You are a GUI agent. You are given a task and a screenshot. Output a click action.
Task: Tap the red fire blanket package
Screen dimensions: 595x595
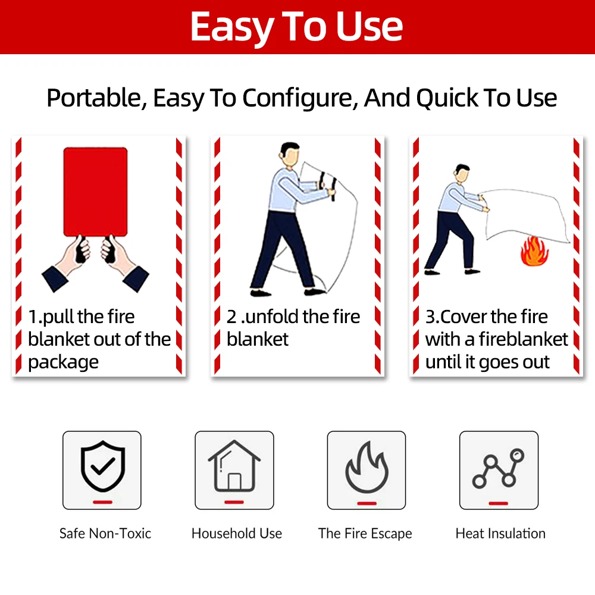tap(95, 192)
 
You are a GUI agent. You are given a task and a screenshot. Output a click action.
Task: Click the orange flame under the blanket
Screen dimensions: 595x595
tap(534, 252)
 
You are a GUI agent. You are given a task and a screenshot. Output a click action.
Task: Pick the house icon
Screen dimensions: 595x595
tap(234, 467)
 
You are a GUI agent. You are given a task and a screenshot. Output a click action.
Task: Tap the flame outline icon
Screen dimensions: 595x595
tap(367, 467)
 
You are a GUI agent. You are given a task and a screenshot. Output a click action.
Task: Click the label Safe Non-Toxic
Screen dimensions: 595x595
tap(105, 534)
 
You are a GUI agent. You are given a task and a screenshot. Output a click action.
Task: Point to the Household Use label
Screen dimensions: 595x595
tap(237, 534)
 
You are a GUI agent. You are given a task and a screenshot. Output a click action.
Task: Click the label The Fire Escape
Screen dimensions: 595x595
tap(365, 534)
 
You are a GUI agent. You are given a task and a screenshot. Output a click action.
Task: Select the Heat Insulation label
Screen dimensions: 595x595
tap(500, 534)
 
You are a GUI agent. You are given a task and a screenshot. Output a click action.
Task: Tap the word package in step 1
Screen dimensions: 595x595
tap(63, 362)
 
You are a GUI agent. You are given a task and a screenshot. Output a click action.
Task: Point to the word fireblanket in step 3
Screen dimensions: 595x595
tap(524, 340)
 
